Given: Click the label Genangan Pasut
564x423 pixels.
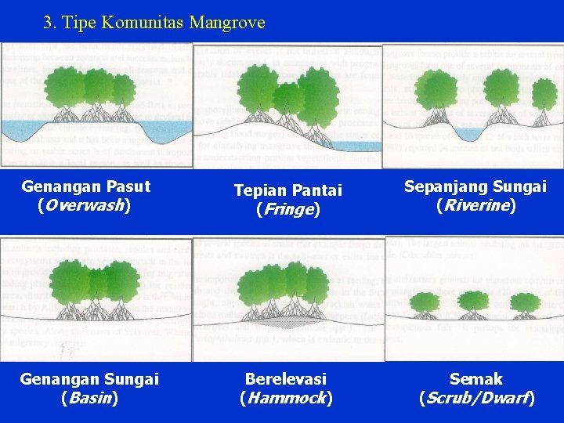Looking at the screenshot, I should pos(86,187).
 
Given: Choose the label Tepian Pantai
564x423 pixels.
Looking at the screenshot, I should pos(288,190).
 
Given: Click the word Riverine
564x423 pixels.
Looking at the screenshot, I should pos(475,206).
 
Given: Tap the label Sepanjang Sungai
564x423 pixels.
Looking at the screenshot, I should pos(475,187).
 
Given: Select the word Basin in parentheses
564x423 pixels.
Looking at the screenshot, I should pos(89,398).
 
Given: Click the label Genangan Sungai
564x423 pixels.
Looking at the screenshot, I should pos(89,379).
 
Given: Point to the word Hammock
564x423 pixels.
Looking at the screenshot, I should pos(286,398).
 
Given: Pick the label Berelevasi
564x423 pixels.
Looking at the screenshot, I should pos(286,379).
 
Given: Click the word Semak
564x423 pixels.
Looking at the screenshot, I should pos(476,379).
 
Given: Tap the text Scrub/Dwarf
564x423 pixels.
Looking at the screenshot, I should pos(477,398).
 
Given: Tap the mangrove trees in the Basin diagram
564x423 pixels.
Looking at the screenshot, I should pos(94,286).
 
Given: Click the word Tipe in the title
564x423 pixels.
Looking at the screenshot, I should pos(80,22).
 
